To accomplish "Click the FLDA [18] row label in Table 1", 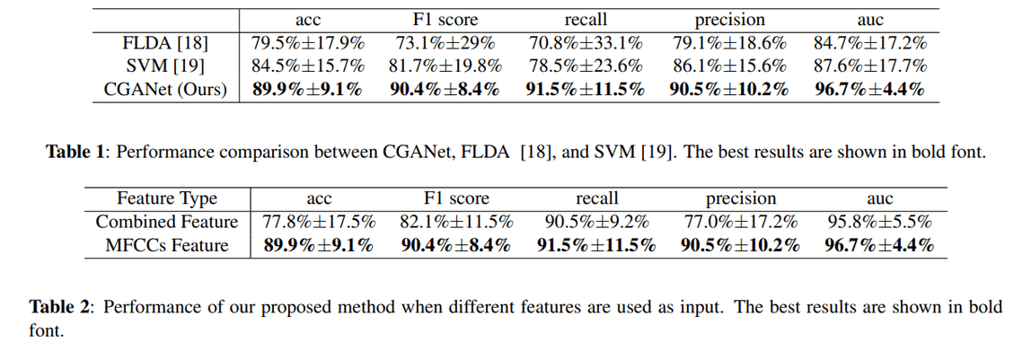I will [167, 42].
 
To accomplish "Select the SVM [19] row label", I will [167, 66].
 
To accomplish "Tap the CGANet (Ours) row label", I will [167, 89].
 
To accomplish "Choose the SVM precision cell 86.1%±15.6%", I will [728, 66].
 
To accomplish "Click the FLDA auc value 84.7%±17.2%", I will [869, 42].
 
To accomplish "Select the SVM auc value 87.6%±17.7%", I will [869, 66].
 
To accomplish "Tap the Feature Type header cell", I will [167, 198].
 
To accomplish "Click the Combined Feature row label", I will [167, 222].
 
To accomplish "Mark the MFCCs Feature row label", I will [167, 245].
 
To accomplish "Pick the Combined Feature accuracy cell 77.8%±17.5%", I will [319, 222].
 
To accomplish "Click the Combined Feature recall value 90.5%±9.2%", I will [596, 222].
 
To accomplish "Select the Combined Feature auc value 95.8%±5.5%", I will [878, 222].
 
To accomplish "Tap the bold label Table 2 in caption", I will [59, 307].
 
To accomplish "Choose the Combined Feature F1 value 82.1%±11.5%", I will [456, 222].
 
